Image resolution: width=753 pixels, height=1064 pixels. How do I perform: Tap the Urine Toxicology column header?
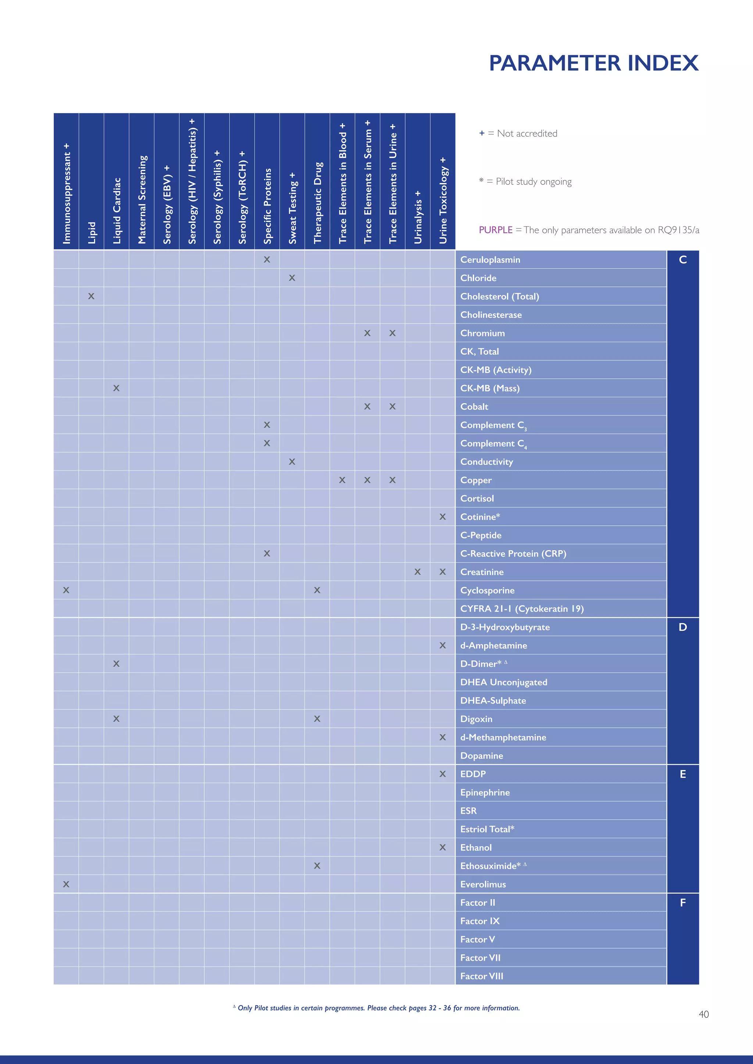tap(443, 200)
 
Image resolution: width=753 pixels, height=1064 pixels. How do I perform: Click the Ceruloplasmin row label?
tap(490, 259)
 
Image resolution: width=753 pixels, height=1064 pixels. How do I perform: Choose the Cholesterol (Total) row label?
tap(499, 296)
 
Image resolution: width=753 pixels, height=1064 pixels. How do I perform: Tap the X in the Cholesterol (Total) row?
tap(91, 296)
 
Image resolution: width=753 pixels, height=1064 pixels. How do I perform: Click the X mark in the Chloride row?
tap(292, 278)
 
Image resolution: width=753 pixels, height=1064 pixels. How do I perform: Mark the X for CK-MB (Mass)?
tap(117, 388)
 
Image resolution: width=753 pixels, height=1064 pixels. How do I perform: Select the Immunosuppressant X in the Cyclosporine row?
tap(66, 590)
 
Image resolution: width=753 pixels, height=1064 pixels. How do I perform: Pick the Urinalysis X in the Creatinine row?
tap(418, 572)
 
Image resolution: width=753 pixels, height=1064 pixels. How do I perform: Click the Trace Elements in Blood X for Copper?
tap(342, 480)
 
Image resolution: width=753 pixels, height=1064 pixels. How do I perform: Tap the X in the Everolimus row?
tap(66, 884)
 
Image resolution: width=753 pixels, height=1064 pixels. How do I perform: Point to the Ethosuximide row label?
tap(490, 866)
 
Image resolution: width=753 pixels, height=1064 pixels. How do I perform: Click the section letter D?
tap(682, 627)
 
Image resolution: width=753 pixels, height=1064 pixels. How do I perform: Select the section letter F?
tap(682, 902)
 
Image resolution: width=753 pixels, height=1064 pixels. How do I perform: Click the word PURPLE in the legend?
tap(495, 230)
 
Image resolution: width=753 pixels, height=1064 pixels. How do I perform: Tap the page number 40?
tap(703, 1014)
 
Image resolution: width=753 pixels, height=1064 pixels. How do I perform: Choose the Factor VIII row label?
tap(481, 976)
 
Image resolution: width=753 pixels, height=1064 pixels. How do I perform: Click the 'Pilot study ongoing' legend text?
tap(533, 181)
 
